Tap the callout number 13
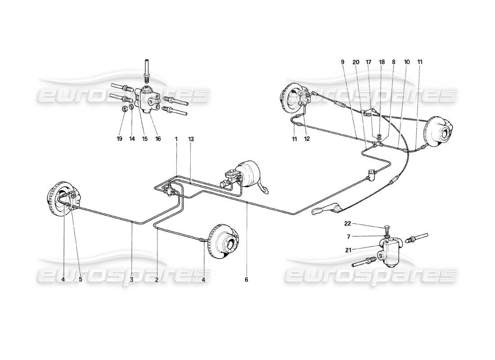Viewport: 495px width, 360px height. (191, 139)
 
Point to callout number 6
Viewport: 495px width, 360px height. (247, 279)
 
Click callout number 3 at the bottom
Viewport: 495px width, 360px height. (132, 279)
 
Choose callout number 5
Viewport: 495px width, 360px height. (81, 279)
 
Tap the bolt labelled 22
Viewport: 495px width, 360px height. (387, 228)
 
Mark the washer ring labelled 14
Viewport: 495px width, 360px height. (131, 107)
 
